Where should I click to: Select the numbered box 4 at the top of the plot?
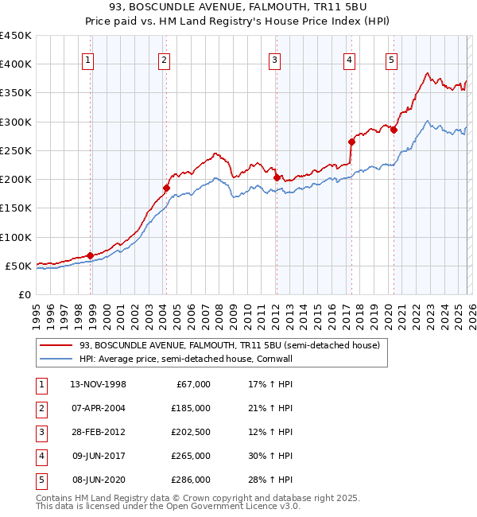(x=349, y=59)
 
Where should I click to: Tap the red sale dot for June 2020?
(x=394, y=130)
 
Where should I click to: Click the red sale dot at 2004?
(x=166, y=188)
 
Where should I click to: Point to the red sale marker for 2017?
(x=351, y=142)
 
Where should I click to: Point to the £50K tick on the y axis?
(x=19, y=266)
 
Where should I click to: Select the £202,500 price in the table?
(x=190, y=432)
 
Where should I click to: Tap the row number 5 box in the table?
(x=41, y=480)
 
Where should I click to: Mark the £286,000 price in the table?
(x=190, y=480)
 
